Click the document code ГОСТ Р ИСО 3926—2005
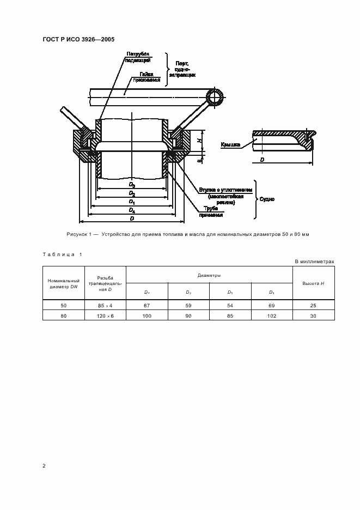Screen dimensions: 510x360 pyautogui.click(x=78, y=39)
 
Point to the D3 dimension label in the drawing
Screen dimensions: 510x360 pyautogui.click(x=132, y=185)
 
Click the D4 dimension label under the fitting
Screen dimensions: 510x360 pyautogui.click(x=132, y=210)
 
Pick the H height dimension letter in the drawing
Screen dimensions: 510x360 pyautogui.click(x=200, y=141)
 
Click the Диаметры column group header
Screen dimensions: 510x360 pyautogui.click(x=210, y=276)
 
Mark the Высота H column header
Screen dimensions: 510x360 pyautogui.click(x=314, y=283)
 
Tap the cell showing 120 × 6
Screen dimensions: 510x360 pyautogui.click(x=105, y=315)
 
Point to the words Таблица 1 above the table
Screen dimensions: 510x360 pyautogui.click(x=62, y=254)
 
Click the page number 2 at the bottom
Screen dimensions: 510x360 pyautogui.click(x=44, y=466)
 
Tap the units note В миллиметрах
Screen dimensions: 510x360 pyautogui.click(x=314, y=262)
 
